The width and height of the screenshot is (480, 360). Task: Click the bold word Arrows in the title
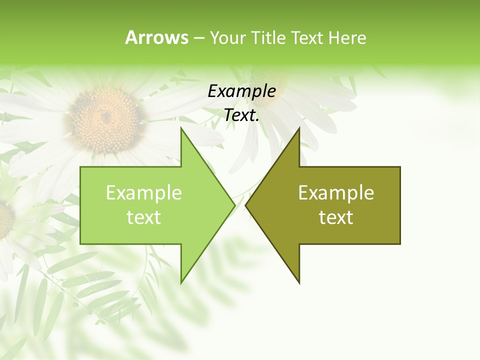coord(156,37)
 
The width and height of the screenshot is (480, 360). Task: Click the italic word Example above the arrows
coord(242,91)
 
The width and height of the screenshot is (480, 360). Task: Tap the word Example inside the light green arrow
coord(144,192)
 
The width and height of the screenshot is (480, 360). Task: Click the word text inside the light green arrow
coord(144,217)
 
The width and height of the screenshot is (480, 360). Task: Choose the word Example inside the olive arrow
coord(336,192)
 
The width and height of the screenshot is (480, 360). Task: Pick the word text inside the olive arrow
coord(336,217)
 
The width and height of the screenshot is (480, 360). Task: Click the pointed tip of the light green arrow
coord(234,205)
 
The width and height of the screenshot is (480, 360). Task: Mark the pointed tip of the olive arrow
coord(246,205)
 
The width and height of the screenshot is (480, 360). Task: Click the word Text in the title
coord(307,37)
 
